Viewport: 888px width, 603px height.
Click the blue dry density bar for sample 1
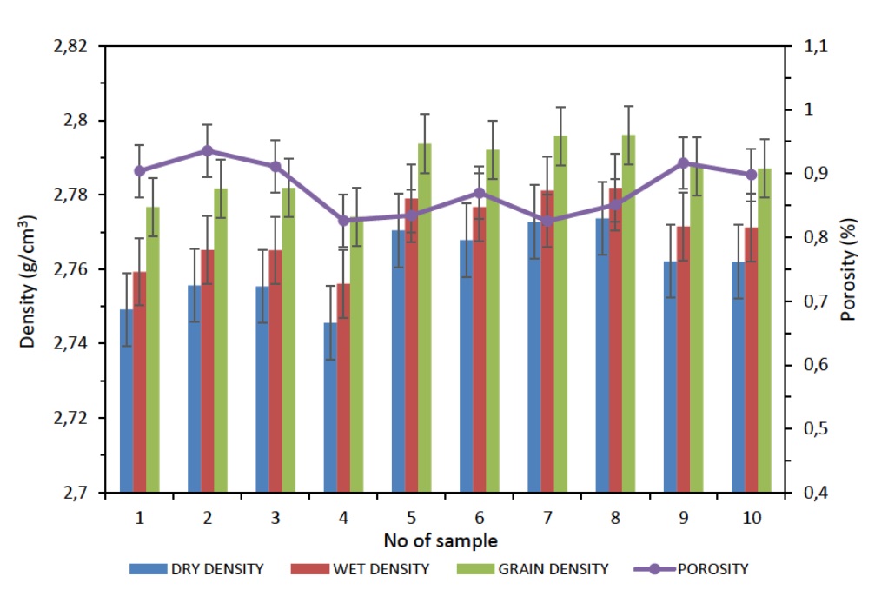(126, 401)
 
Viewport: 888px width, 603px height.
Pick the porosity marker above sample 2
(208, 151)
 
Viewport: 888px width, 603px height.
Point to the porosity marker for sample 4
(343, 221)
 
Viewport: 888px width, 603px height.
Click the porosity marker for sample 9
(683, 163)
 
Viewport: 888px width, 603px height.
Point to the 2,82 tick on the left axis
(70, 46)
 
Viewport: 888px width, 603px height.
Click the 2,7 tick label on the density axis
(76, 494)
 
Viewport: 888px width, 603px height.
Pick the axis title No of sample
(441, 541)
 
